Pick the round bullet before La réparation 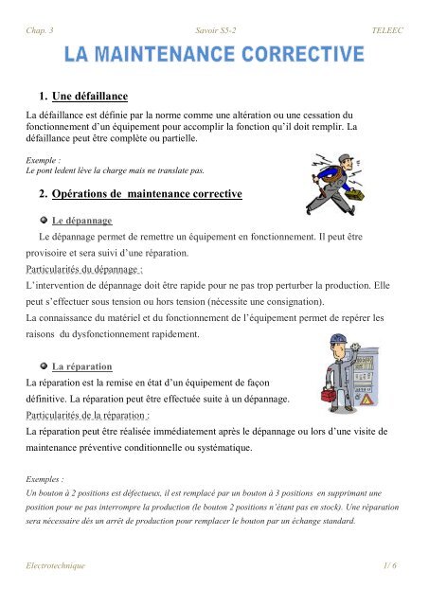pyautogui.click(x=43, y=365)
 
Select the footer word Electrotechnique pyautogui.click(x=55, y=565)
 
